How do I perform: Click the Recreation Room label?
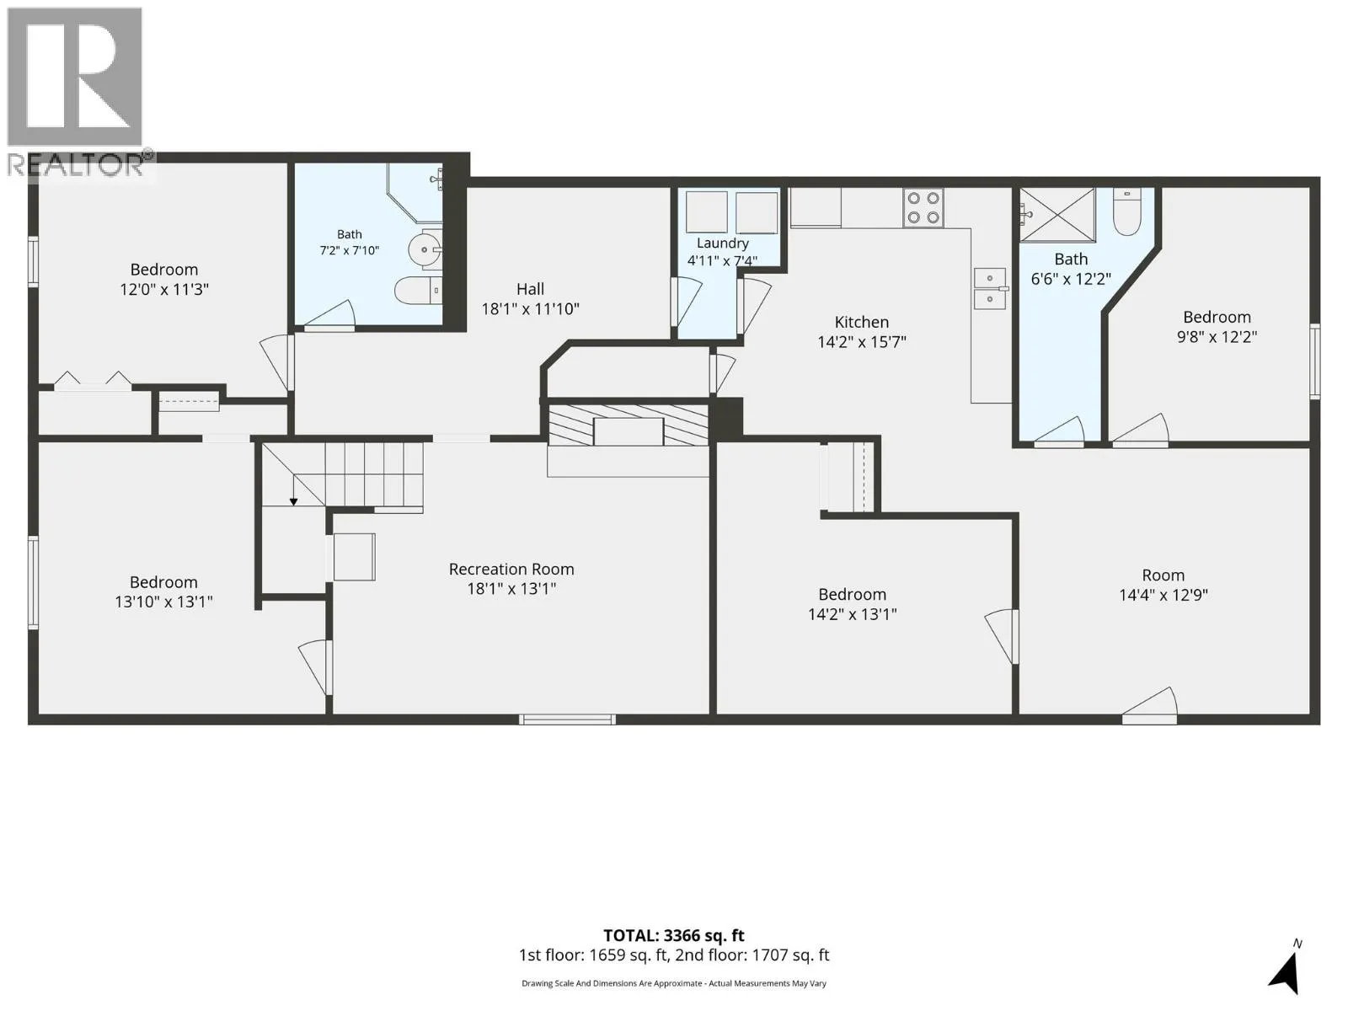point(511,569)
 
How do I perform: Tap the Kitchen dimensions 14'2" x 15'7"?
point(862,342)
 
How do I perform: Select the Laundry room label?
point(722,243)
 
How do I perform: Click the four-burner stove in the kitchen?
point(923,207)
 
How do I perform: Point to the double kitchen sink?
point(989,288)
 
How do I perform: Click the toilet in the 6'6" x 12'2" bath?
point(1127,211)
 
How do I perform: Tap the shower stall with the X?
point(1057,215)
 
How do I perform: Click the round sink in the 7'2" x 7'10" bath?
point(425,250)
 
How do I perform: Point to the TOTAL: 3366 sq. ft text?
point(674,935)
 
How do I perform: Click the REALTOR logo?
point(75,92)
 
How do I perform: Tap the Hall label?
point(530,289)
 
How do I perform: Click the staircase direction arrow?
point(293,490)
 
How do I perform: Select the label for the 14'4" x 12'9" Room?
point(1163,575)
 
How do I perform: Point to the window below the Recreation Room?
point(567,719)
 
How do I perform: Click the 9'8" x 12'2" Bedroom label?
point(1217,318)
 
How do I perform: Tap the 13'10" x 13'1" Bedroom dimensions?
point(164,602)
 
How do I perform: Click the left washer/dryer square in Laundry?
point(707,211)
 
